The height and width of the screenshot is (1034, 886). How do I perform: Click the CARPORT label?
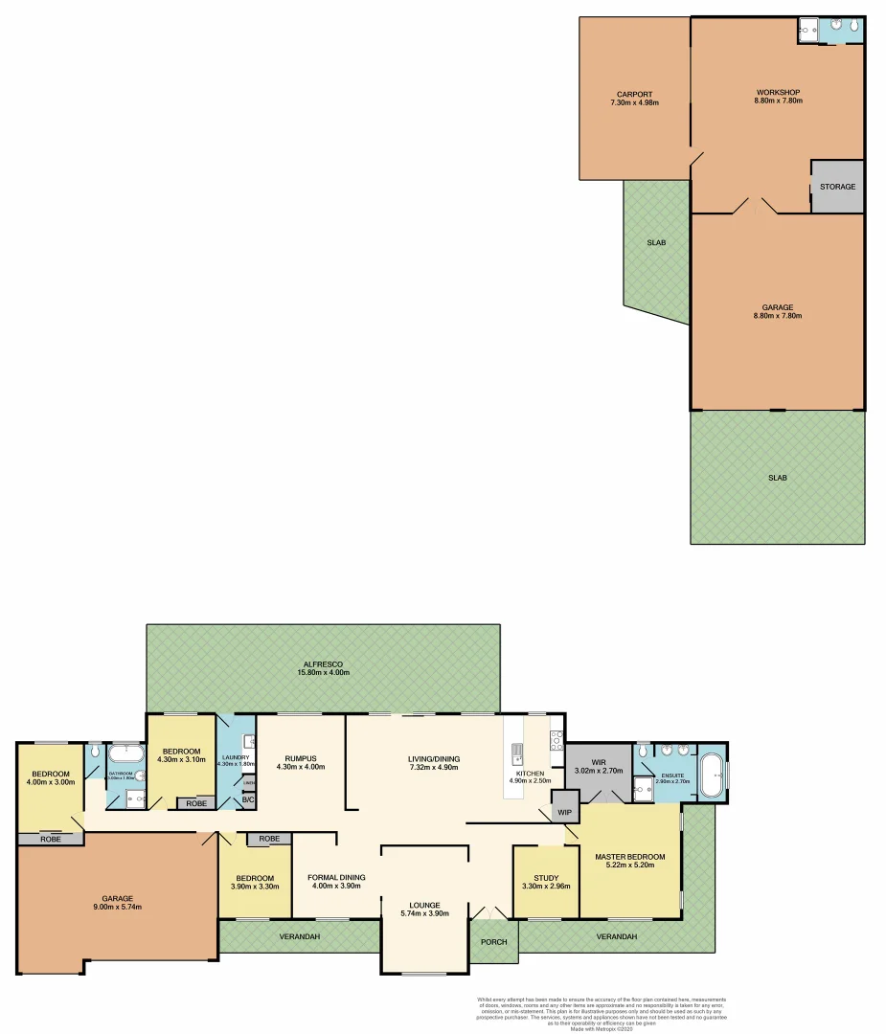[634, 93]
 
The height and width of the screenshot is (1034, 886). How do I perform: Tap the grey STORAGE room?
[837, 186]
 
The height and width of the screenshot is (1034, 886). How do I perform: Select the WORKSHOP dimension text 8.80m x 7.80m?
[778, 101]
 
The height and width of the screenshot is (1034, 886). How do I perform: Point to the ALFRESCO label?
[323, 663]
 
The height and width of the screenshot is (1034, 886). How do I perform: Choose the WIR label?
[598, 762]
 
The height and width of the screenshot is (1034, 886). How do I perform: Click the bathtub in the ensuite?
[711, 775]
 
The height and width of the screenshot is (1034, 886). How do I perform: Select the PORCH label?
[493, 942]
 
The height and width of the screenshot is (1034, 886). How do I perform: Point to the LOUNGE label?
[424, 905]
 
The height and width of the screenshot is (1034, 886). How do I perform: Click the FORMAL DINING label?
[336, 876]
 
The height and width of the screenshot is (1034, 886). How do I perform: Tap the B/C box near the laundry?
[247, 799]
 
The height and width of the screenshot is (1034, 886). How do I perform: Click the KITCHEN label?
[530, 774]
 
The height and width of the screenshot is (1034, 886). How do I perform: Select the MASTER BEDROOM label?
[629, 857]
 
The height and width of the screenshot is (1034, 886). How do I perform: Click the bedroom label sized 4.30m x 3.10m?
[181, 751]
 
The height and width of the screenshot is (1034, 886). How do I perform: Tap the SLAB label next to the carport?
[656, 243]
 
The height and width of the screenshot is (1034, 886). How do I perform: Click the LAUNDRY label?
[236, 756]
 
